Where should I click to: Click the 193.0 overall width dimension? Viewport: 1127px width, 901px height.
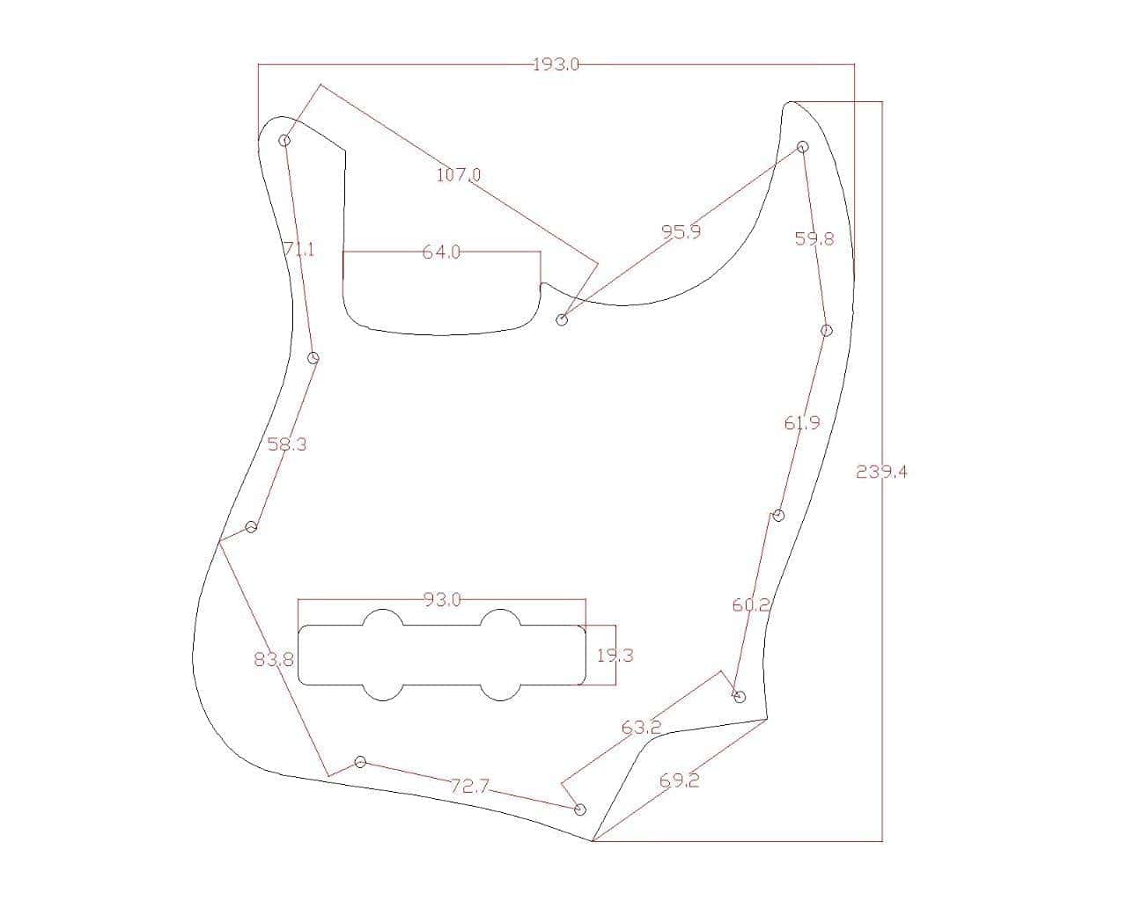point(556,65)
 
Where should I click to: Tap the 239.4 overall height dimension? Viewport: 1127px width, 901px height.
point(881,472)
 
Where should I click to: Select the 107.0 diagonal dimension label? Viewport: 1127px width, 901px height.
point(458,175)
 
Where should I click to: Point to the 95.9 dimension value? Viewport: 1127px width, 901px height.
point(681,231)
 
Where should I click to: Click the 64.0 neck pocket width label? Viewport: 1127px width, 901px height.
point(441,253)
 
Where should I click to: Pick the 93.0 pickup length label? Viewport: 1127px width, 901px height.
point(442,600)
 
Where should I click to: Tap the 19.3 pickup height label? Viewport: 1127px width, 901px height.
point(615,656)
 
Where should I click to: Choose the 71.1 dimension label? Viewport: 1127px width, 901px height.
point(299,249)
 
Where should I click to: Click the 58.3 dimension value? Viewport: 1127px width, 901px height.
point(287,444)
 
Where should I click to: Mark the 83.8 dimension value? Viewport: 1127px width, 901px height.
point(274,660)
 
